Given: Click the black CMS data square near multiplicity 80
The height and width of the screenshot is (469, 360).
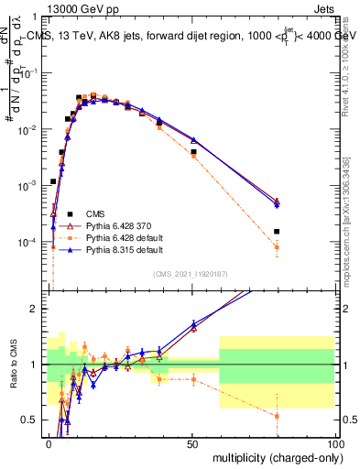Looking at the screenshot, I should (277, 232).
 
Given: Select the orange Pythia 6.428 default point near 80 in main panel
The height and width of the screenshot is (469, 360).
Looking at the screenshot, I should (277, 247).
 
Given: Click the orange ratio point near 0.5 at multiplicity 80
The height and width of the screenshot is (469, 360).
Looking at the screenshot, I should (277, 416).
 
